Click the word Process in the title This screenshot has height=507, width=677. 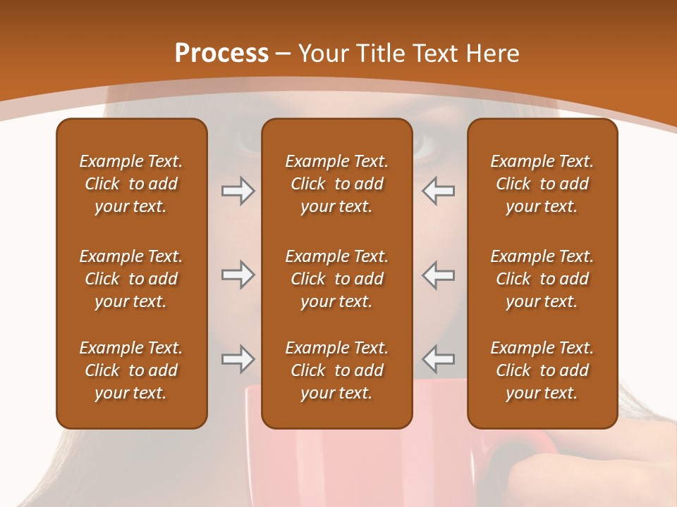coord(221,54)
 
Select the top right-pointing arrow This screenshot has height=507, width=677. coord(238,190)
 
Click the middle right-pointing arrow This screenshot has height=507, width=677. coord(238,275)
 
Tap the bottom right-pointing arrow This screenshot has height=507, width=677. coord(238,359)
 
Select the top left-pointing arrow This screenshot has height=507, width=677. coord(439,190)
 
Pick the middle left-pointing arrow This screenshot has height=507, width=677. coord(439,275)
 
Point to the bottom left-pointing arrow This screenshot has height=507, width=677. coord(439,359)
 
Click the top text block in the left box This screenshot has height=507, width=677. coord(131,184)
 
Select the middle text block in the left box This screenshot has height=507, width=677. coord(131,279)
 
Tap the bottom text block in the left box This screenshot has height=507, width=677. coord(131,370)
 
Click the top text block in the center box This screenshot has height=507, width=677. coord(337,184)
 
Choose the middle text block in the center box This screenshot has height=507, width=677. coord(337,279)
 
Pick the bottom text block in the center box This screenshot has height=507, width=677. coord(337,370)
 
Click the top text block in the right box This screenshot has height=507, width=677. coord(542,184)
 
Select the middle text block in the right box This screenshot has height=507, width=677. coord(542,279)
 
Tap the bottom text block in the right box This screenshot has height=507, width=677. coord(542,370)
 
